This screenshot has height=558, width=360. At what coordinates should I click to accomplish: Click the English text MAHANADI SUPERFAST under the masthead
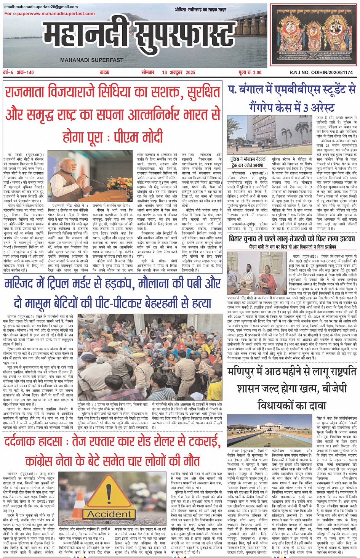(x=91, y=60)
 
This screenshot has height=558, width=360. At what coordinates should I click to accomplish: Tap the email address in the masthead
(x=41, y=7)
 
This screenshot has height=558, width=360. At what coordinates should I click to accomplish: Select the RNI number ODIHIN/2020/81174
(x=326, y=72)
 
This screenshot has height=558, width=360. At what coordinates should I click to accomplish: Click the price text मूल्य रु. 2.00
(x=250, y=72)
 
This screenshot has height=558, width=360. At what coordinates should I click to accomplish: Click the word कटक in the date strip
(x=104, y=72)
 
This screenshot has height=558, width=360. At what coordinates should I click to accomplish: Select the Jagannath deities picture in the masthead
(x=313, y=35)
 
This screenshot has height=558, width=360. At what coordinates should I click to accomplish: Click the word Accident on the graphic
(x=109, y=514)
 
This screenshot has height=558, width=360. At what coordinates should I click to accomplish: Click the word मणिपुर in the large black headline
(x=245, y=372)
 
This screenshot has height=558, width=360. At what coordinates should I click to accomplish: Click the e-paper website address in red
(x=50, y=13)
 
